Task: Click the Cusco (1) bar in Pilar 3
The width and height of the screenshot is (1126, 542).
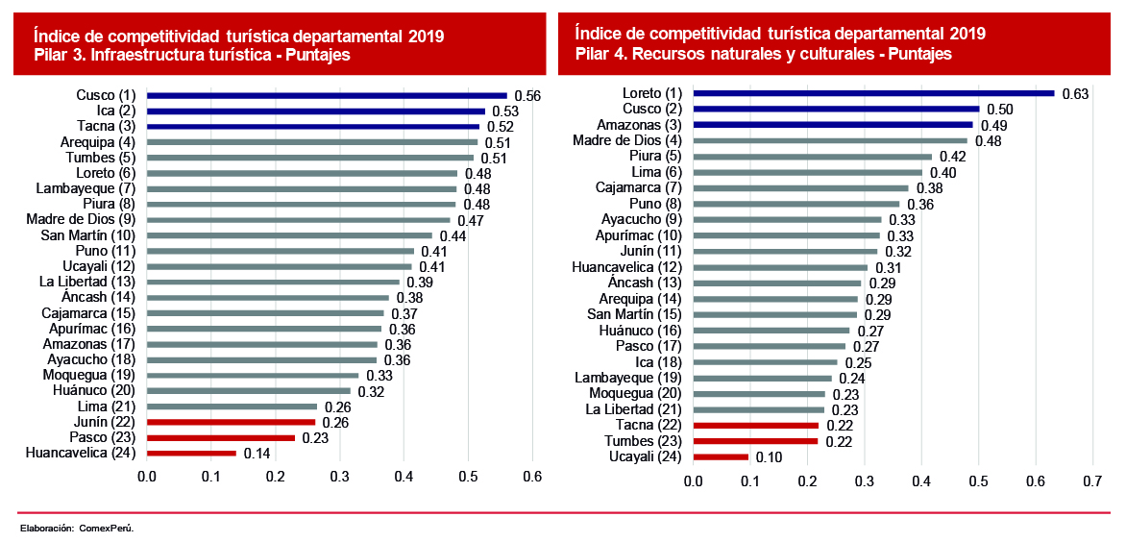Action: pos(327,95)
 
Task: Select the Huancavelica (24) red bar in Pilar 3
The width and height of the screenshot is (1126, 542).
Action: pos(190,453)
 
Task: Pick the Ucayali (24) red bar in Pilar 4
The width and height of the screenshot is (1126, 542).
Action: pos(721,456)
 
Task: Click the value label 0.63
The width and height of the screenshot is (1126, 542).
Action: pos(1075,94)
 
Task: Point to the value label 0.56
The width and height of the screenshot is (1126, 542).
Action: pos(527,96)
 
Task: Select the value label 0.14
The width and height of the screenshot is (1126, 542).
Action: pos(257,454)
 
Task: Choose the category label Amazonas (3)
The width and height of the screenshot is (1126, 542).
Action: pos(639,125)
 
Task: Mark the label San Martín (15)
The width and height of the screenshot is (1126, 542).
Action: pos(634,314)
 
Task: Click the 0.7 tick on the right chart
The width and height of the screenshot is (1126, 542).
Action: pos(1091,480)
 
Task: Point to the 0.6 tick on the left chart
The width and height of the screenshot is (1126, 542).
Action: pos(531,477)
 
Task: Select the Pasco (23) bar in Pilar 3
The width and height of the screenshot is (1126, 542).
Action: pos(220,437)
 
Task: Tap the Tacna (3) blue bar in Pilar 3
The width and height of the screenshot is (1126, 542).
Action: pos(312,126)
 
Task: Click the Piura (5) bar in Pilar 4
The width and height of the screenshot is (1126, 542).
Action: pos(812,156)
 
